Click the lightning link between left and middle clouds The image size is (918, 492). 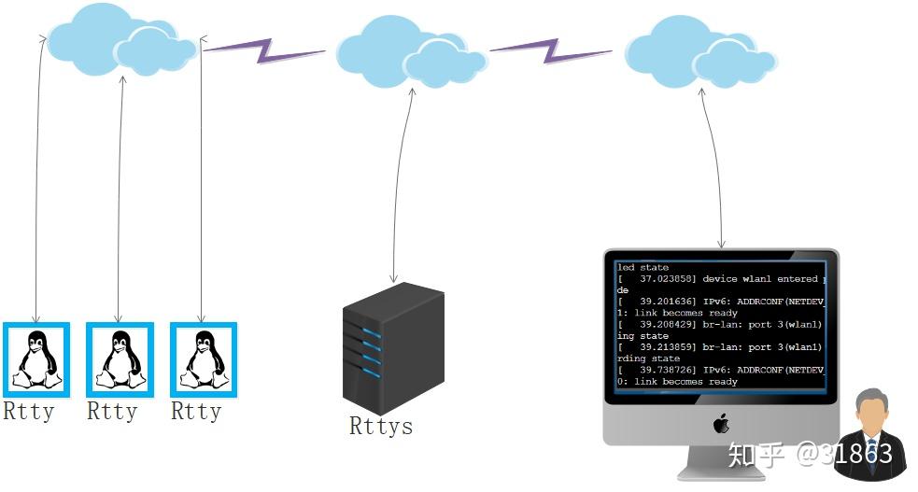point(265,49)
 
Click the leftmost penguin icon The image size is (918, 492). point(36,359)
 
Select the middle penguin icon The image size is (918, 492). point(120,359)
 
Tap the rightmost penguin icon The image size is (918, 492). point(204,359)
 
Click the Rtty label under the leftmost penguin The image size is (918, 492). point(29,412)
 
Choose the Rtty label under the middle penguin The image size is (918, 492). point(112,412)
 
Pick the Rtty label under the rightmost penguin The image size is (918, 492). point(196,412)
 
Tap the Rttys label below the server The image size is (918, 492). point(381,427)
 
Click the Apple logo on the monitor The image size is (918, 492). point(721,425)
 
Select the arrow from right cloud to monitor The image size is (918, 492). point(714,168)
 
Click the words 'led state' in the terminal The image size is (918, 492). point(643,268)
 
